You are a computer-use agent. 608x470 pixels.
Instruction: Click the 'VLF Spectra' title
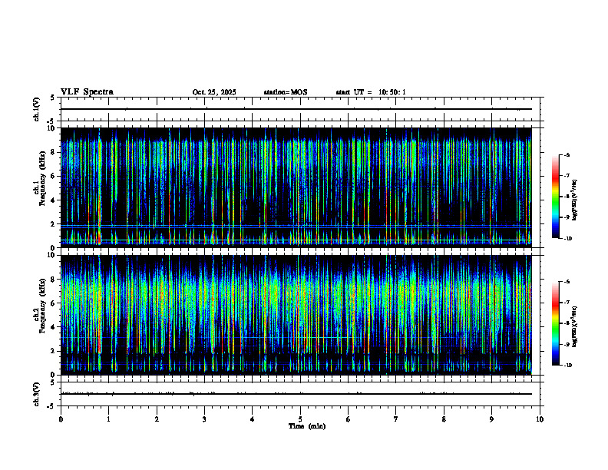click(87, 92)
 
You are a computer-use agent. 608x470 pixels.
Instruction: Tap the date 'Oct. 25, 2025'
click(214, 92)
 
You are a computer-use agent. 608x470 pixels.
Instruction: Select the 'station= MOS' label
click(285, 92)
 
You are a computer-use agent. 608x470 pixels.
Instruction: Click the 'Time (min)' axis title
click(306, 426)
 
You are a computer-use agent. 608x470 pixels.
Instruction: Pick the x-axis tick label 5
click(300, 419)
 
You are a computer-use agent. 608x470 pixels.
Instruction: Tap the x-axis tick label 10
click(540, 419)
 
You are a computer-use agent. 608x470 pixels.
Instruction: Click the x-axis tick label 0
click(61, 419)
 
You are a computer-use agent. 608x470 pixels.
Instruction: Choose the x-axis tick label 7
click(396, 419)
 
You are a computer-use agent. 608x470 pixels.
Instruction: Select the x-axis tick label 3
click(204, 419)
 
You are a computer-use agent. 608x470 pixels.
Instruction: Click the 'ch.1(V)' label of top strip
click(37, 109)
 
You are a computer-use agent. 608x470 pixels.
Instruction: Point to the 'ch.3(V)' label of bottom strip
click(37, 393)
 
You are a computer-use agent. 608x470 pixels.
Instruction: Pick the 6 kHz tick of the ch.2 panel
click(53, 303)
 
